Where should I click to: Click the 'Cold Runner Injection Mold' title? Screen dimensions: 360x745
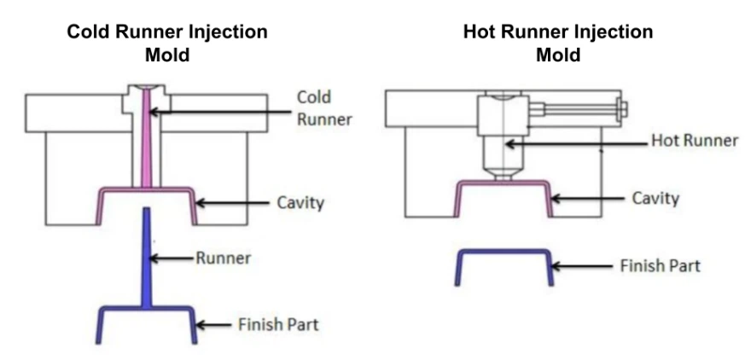point(167,44)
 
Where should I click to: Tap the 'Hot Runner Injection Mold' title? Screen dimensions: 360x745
point(558,44)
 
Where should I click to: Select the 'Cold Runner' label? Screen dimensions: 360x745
point(324,107)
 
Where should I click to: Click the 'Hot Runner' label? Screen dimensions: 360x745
point(694,141)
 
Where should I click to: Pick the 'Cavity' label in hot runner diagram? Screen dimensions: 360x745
point(655,198)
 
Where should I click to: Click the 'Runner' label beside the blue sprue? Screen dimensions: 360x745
point(224,258)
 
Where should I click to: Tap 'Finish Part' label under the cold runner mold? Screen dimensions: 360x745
point(277,325)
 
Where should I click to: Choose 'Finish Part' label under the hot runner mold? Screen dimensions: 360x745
point(660,265)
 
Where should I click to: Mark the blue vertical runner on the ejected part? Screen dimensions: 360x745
point(148,256)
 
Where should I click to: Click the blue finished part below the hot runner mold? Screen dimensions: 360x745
point(503,253)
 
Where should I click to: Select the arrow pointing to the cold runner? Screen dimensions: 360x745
point(222,112)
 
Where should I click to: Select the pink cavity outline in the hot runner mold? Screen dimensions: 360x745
point(503,183)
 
